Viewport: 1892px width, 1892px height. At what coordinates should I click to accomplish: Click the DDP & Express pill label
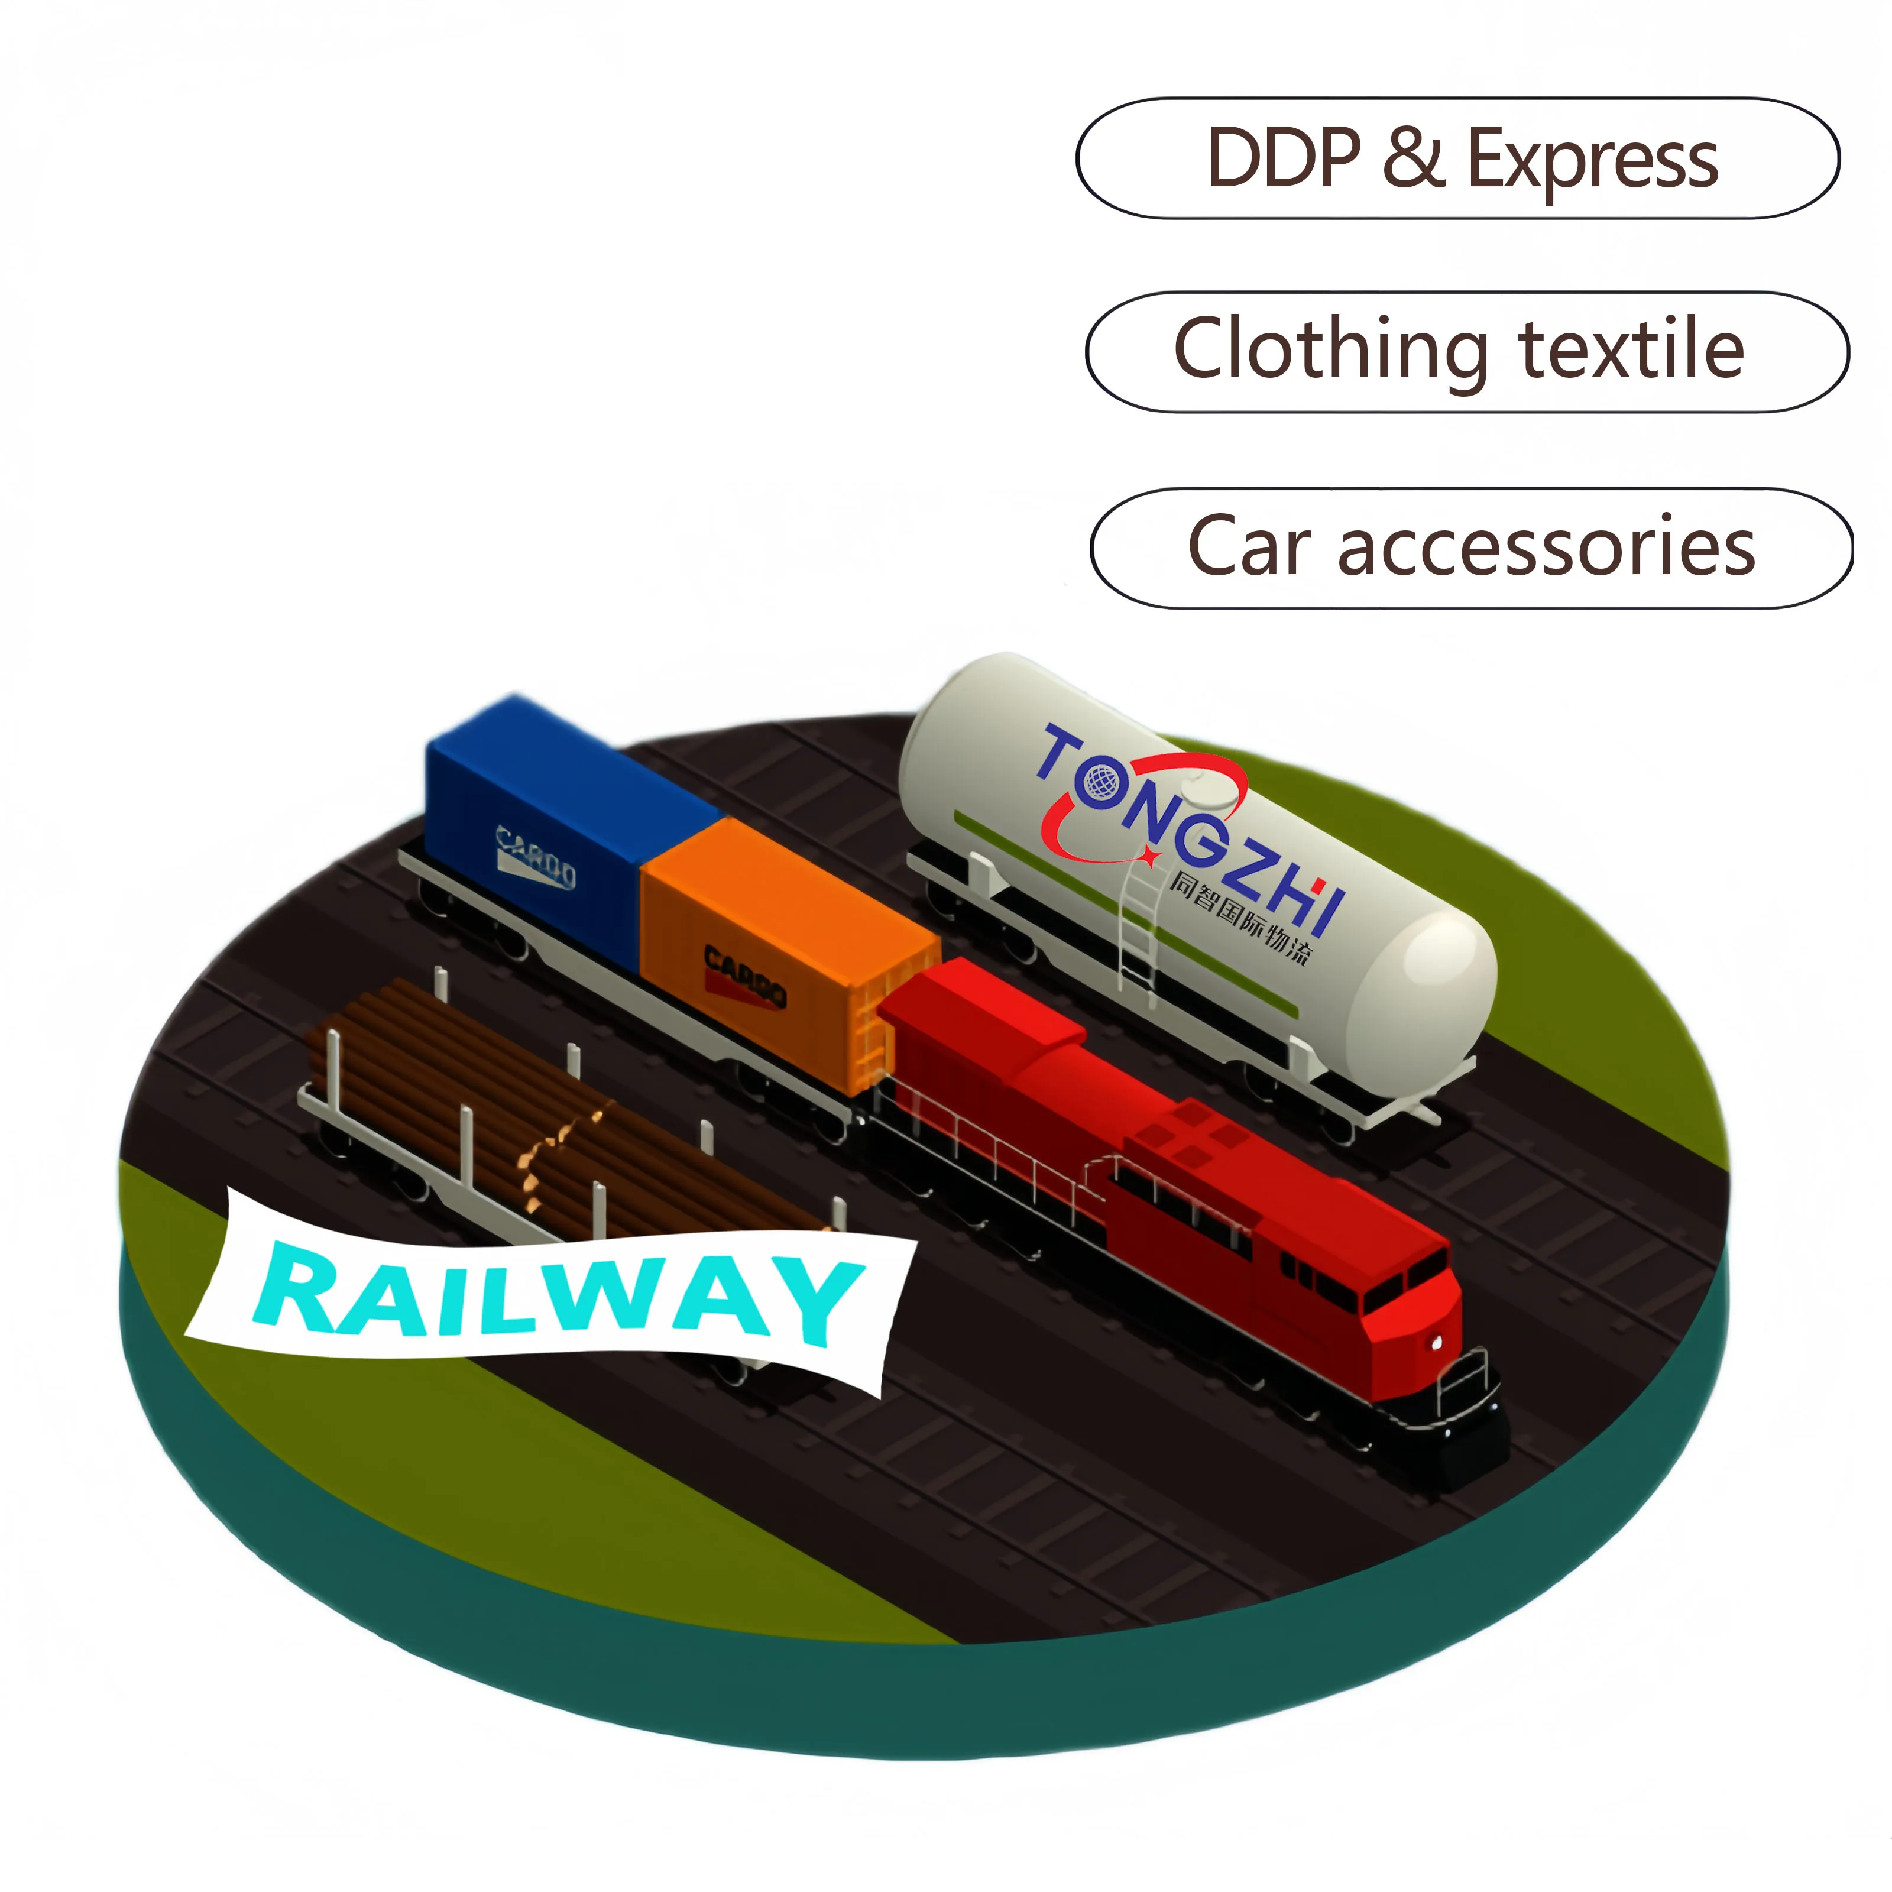[1457, 158]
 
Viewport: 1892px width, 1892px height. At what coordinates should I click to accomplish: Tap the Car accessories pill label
[1471, 547]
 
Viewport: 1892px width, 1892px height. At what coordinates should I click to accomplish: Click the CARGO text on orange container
[744, 974]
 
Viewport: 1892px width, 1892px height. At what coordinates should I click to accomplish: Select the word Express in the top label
[1592, 161]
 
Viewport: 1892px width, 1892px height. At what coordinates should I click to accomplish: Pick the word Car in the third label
[1249, 547]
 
